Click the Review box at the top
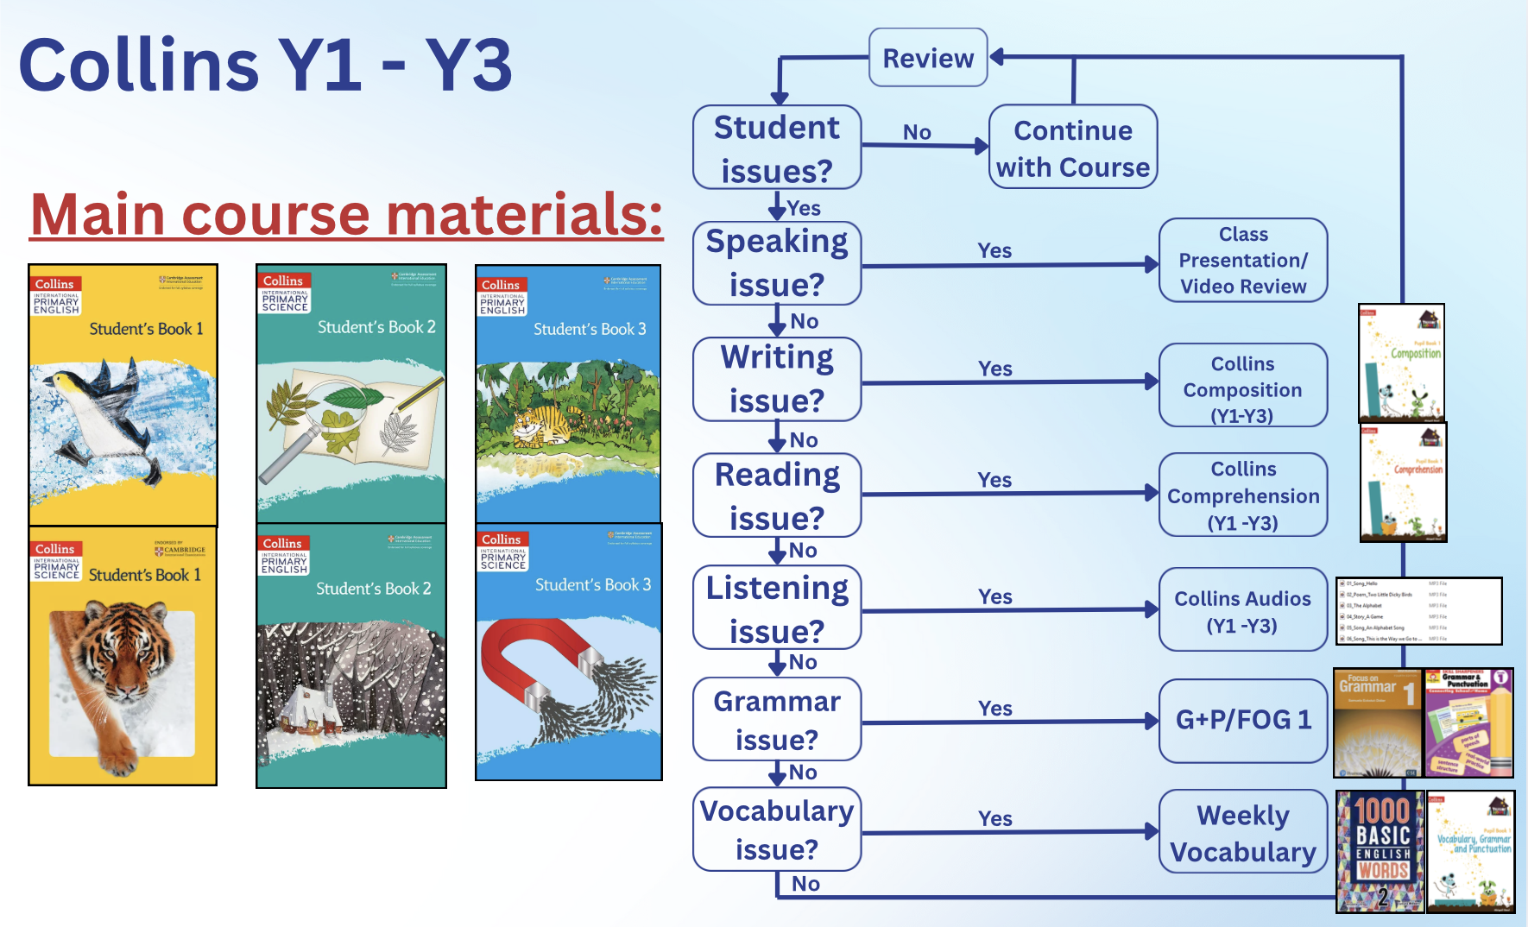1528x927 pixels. tap(927, 58)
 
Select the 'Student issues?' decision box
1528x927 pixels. tap(777, 148)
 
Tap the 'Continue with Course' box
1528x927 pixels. tap(1072, 148)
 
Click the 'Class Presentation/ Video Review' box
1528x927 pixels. tap(1242, 260)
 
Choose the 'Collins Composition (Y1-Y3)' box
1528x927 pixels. tap(1242, 388)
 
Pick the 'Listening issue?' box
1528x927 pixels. tap(777, 609)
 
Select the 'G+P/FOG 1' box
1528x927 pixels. tap(1242, 720)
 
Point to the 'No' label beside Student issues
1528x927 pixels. tap(917, 132)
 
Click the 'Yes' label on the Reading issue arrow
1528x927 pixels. tap(994, 480)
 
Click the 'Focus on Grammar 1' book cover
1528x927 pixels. tap(1377, 723)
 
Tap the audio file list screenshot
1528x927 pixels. tap(1419, 611)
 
